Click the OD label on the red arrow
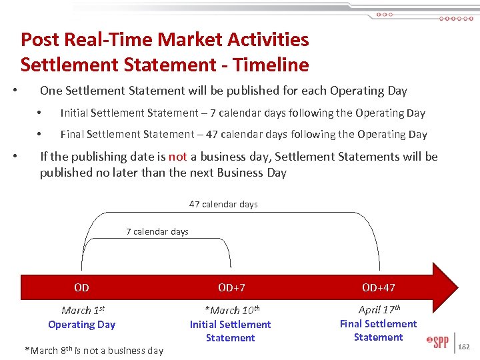81,287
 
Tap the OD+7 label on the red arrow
231,287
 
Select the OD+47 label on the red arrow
378,287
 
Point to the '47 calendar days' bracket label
223,204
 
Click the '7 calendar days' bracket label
157,232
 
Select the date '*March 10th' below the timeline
231,310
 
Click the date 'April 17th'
379,309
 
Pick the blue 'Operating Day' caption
81,325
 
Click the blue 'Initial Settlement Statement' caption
231,331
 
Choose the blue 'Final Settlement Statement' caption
379,331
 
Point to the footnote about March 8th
93,350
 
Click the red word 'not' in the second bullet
177,157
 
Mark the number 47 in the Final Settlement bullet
212,134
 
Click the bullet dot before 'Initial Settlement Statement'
40,113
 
